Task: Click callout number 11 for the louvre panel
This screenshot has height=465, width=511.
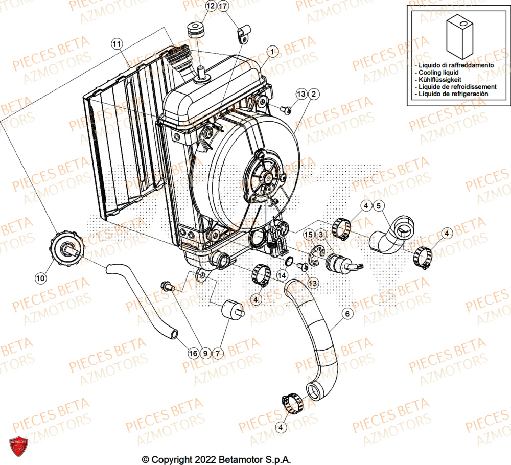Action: [117, 44]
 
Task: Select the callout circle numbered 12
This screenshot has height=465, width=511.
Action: [197, 6]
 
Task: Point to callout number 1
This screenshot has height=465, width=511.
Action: [272, 51]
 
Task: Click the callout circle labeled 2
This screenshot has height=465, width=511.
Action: [313, 94]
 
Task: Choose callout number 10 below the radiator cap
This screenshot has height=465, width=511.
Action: [40, 278]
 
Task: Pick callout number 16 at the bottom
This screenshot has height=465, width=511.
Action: [193, 353]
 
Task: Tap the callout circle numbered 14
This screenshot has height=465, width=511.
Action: [282, 275]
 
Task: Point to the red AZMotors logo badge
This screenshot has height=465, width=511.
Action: [18, 446]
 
